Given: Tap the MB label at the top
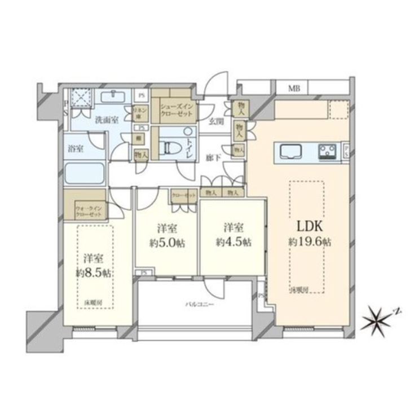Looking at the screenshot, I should pyautogui.click(x=294, y=88).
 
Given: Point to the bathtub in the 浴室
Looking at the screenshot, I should pyautogui.click(x=84, y=173).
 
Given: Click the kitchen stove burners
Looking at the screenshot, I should pyautogui.click(x=328, y=151).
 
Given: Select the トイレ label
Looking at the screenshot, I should pyautogui.click(x=189, y=135).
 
